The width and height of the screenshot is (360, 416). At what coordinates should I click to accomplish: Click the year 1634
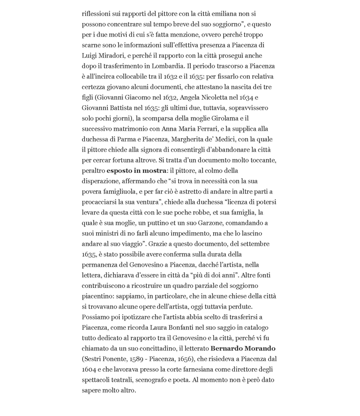tap(245, 97)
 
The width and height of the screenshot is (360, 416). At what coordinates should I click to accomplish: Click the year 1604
tap(89, 369)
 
